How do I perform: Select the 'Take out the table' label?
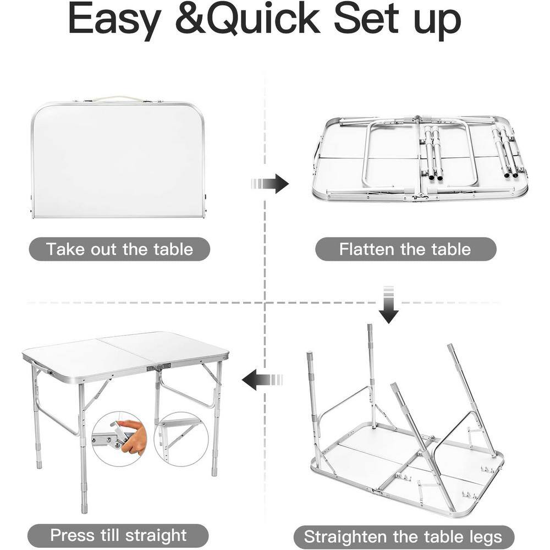(119, 249)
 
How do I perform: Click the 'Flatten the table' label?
(405, 249)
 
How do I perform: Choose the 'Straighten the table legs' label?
(403, 537)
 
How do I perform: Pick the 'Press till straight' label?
(118, 535)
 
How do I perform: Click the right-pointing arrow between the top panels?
(269, 184)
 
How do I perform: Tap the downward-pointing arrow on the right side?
(388, 305)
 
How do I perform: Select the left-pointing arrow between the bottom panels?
(262, 380)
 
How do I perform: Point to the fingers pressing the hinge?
(131, 435)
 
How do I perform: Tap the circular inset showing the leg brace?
(182, 439)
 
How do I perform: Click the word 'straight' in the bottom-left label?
(156, 536)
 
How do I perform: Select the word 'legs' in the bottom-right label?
(486, 537)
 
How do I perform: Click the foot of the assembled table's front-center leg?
(84, 508)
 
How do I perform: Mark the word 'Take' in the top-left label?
(66, 249)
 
